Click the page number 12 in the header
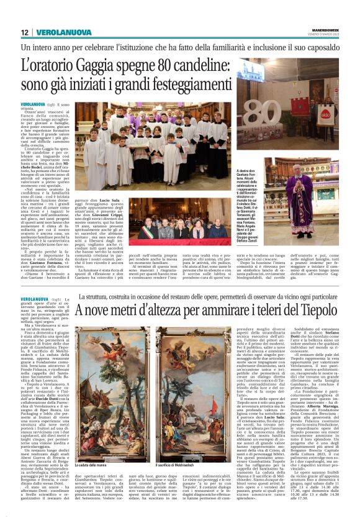25,32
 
